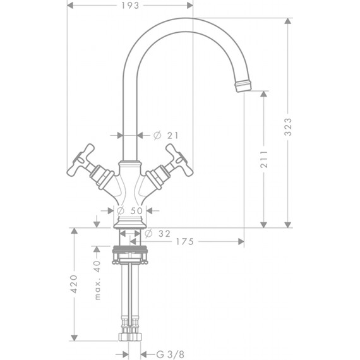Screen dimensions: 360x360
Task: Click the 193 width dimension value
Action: tap(130, 6)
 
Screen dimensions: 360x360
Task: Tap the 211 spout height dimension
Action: tap(264, 159)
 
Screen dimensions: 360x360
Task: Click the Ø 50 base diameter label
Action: tap(129, 210)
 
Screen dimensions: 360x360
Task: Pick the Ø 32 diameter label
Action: tap(158, 234)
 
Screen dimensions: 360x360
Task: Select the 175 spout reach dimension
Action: tap(185, 241)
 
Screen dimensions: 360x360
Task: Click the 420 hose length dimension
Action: tap(74, 284)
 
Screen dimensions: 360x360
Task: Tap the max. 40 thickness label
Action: tap(97, 280)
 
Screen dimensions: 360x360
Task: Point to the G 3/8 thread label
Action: tap(170, 354)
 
